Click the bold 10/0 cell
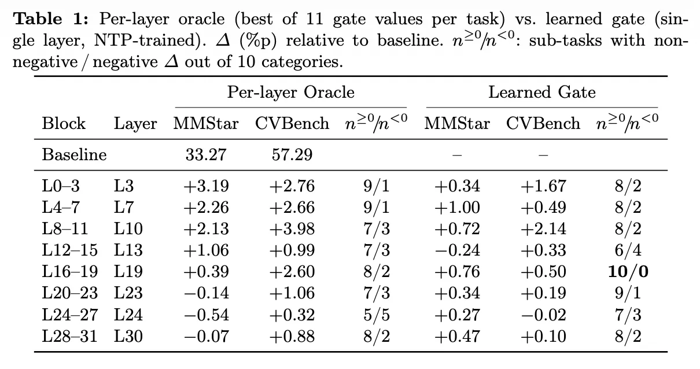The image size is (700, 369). pos(628,271)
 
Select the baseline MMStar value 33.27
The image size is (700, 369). pos(206,154)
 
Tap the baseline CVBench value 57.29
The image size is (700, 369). pos(292,154)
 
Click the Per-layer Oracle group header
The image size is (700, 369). pos(290,93)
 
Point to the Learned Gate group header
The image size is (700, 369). pos(542,93)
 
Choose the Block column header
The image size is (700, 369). pos(64,123)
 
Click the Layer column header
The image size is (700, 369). pos(135,124)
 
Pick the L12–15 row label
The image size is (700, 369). pos(69,250)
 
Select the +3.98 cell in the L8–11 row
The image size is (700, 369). pos(292,228)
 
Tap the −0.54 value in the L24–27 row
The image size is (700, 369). pos(207,315)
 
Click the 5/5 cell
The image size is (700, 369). pos(377,315)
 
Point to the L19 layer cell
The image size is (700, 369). pos(128,271)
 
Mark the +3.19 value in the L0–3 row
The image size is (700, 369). pos(207,186)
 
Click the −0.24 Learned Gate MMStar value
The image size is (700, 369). pos(457,250)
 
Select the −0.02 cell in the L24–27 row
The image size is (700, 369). pos(543,315)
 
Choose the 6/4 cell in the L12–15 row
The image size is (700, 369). pos(628,250)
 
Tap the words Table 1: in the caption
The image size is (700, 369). pos(51,19)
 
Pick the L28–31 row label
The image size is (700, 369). pos(69,336)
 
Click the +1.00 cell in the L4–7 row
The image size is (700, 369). pos(457,208)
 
